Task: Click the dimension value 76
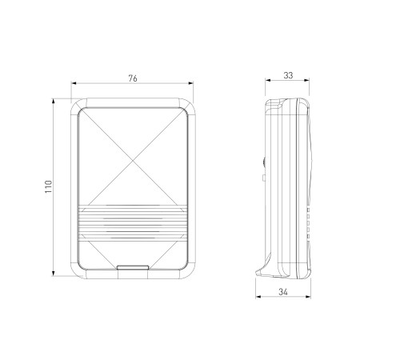133,78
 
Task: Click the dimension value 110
49,186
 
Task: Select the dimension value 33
288,75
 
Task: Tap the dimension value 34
283,292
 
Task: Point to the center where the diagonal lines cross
133,161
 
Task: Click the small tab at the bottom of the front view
133,267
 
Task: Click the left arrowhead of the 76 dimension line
74,83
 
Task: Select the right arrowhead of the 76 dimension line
190,83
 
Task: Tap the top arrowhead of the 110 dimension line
54,101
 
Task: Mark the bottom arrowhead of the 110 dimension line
54,274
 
